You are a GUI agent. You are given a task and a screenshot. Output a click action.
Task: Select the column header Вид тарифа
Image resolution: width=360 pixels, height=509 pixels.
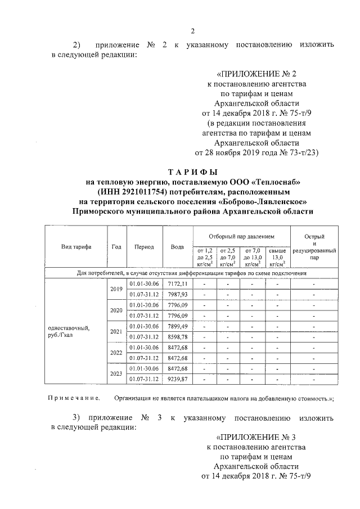(76, 247)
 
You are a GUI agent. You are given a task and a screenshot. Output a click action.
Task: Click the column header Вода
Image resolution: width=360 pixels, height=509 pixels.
(177, 247)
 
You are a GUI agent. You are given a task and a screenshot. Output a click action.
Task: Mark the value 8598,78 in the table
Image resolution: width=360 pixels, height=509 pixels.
(177, 336)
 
